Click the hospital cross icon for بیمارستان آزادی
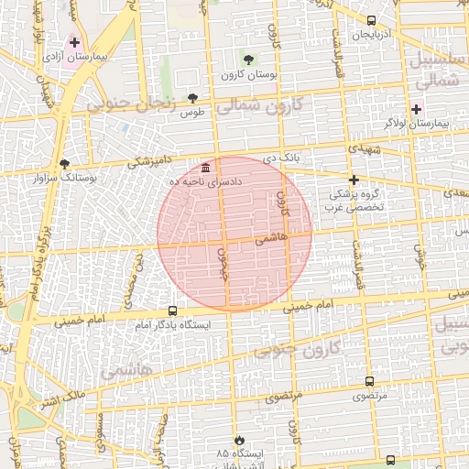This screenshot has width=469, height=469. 74,42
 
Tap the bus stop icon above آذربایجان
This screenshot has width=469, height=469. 371,20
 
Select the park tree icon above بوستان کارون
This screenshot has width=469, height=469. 248,60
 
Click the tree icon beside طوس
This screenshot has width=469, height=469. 192,98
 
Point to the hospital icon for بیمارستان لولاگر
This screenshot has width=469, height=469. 416,109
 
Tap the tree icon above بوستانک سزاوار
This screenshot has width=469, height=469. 63,164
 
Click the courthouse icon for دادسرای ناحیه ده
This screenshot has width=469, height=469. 204,169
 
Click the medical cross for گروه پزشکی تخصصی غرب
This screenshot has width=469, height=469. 354,180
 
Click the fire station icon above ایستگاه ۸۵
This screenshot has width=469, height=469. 240,441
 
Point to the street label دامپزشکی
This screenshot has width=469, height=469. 147,162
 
